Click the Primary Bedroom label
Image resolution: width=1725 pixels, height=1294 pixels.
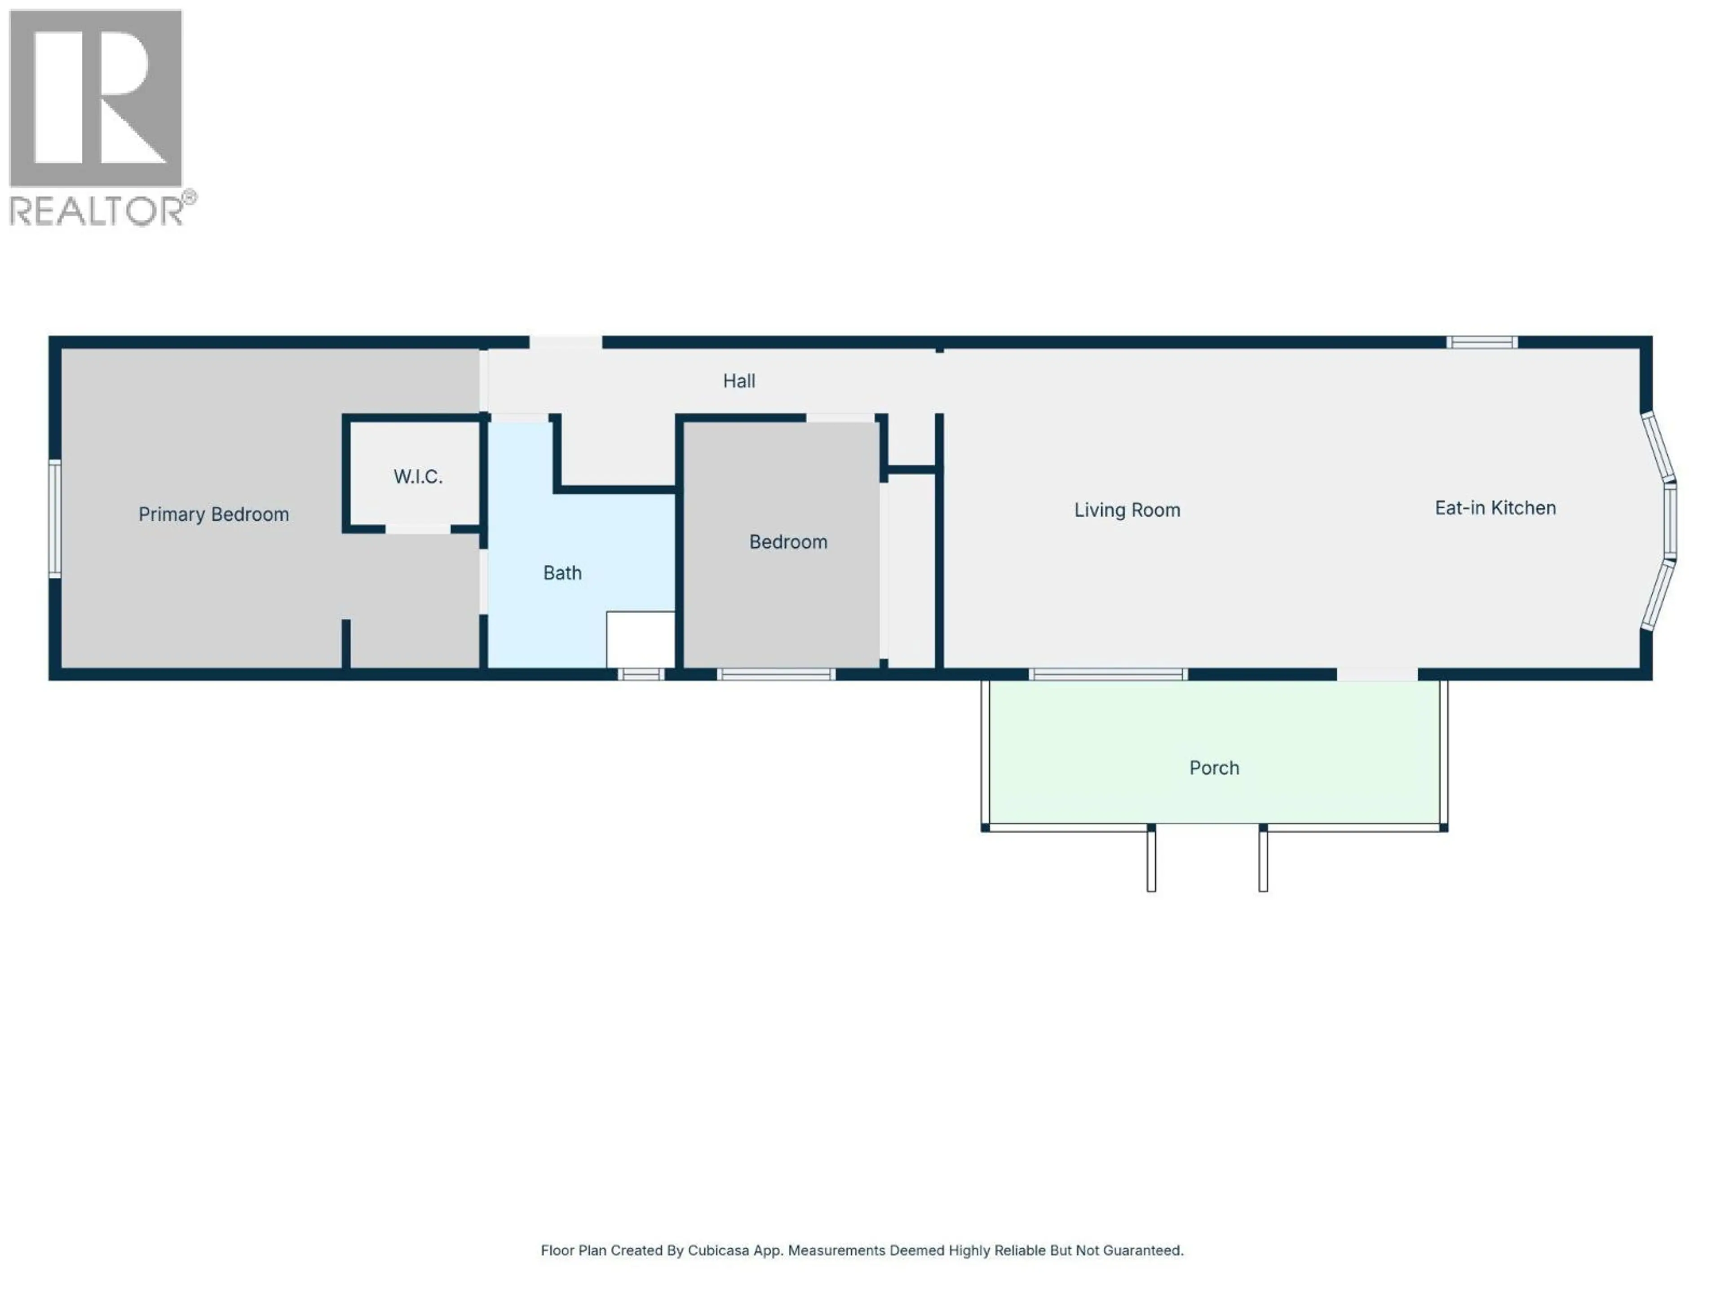click(214, 514)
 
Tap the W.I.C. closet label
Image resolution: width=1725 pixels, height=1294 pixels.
click(418, 477)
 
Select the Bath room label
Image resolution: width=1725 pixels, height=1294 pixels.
click(562, 573)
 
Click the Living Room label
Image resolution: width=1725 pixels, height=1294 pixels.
click(1127, 510)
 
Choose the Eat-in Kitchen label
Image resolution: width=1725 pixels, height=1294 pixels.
click(1495, 508)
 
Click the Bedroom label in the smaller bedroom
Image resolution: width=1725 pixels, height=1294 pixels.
click(787, 542)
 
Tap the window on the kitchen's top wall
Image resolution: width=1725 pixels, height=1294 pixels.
click(1482, 342)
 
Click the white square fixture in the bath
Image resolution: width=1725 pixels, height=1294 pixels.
click(640, 640)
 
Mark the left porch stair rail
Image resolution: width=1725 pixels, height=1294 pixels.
click(1151, 858)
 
